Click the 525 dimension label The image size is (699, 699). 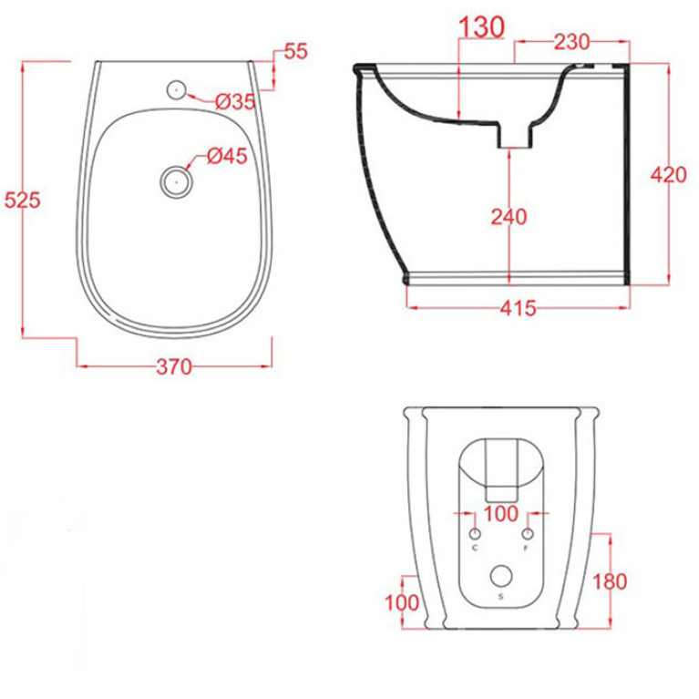[x=22, y=200]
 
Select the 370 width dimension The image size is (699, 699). [x=174, y=367]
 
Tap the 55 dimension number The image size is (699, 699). [x=296, y=51]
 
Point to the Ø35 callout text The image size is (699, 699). [x=235, y=102]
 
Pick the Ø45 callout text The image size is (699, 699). [x=227, y=156]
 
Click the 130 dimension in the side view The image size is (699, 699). [x=481, y=27]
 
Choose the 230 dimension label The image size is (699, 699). [x=571, y=42]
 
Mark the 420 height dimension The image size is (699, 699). [x=669, y=174]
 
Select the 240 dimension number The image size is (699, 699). [x=509, y=217]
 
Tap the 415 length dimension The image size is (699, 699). [x=518, y=308]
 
